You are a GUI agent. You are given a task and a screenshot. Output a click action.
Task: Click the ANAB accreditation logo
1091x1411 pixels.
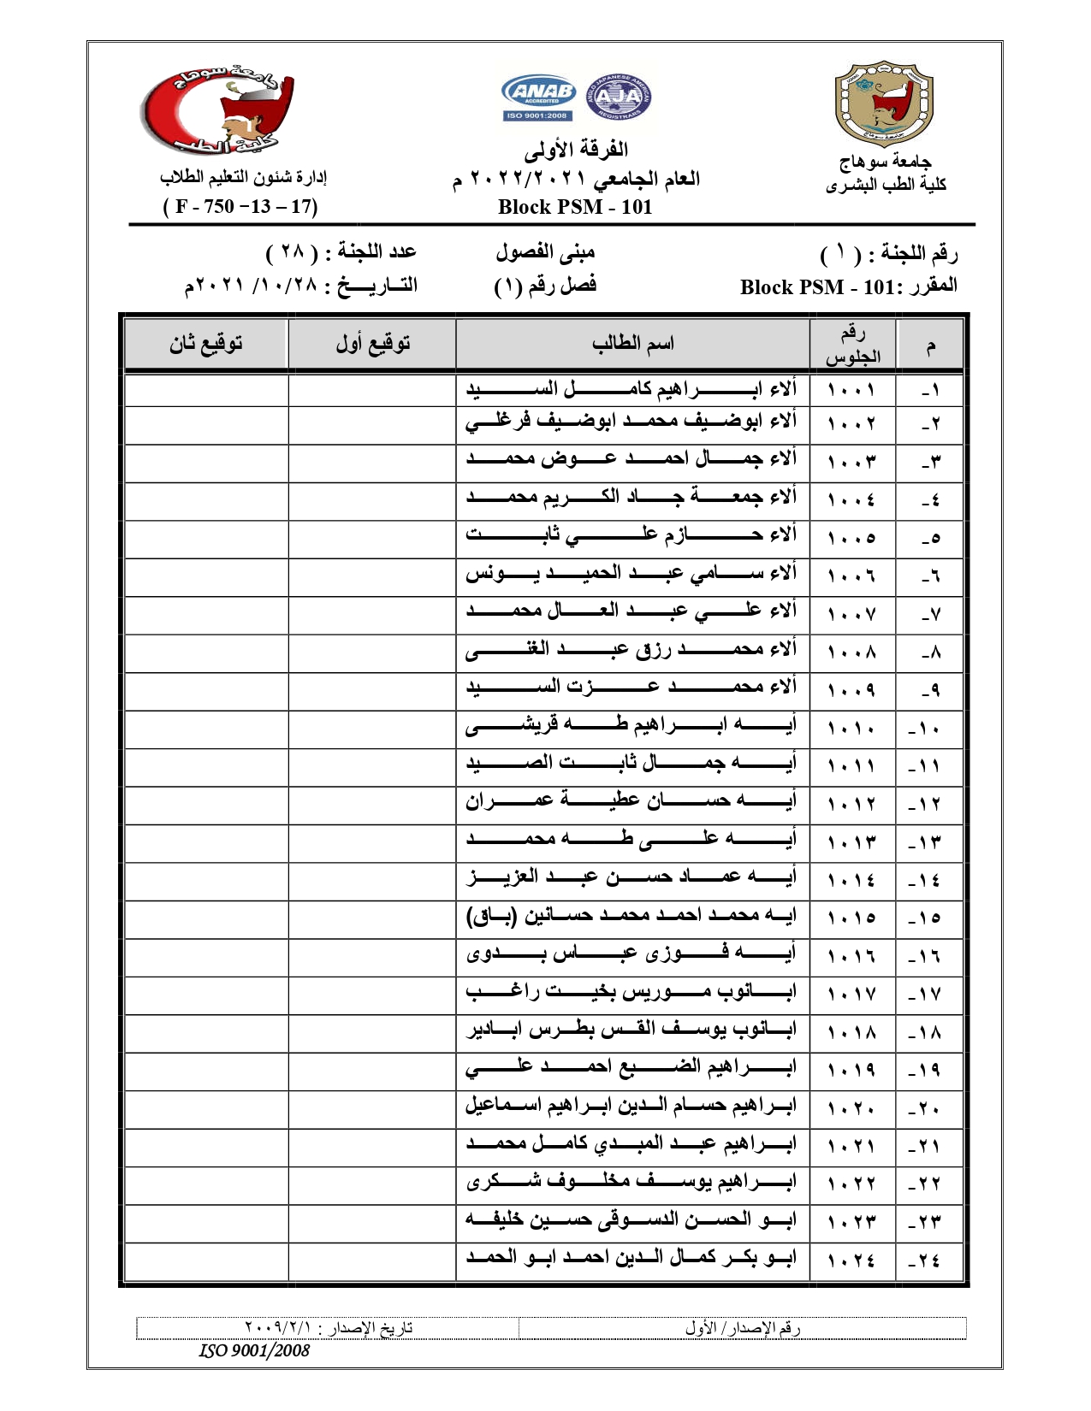tap(538, 97)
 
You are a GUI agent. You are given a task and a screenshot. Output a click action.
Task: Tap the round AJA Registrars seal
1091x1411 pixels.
tap(618, 97)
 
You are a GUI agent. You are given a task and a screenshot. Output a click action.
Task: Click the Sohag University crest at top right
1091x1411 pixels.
tap(884, 103)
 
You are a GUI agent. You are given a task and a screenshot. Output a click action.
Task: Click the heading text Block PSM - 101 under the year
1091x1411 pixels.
tap(575, 207)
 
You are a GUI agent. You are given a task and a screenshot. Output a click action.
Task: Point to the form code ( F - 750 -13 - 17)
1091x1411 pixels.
tap(240, 206)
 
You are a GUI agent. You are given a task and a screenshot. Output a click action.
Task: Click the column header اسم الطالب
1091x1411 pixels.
tap(632, 344)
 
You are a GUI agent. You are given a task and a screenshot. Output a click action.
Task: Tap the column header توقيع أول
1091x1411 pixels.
tap(372, 344)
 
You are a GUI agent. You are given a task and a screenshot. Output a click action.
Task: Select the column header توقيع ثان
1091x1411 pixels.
tap(206, 344)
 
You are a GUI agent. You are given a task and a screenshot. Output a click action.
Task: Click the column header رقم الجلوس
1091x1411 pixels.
tap(852, 345)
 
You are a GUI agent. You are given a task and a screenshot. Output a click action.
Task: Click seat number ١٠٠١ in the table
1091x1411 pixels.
tap(851, 391)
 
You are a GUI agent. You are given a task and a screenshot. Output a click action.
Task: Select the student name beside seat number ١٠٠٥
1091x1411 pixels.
tap(631, 535)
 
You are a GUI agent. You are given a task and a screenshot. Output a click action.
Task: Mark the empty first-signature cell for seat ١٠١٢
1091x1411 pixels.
tap(372, 805)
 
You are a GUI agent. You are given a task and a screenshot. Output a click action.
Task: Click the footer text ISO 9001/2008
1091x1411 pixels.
tap(254, 1351)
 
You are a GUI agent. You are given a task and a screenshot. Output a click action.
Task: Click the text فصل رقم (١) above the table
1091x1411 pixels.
tap(545, 286)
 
